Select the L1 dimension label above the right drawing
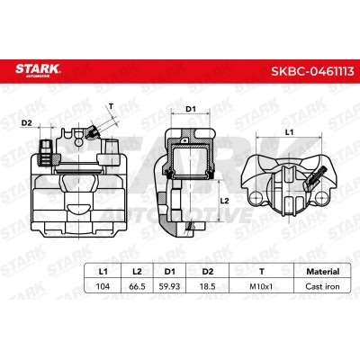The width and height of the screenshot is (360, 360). (289, 132)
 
